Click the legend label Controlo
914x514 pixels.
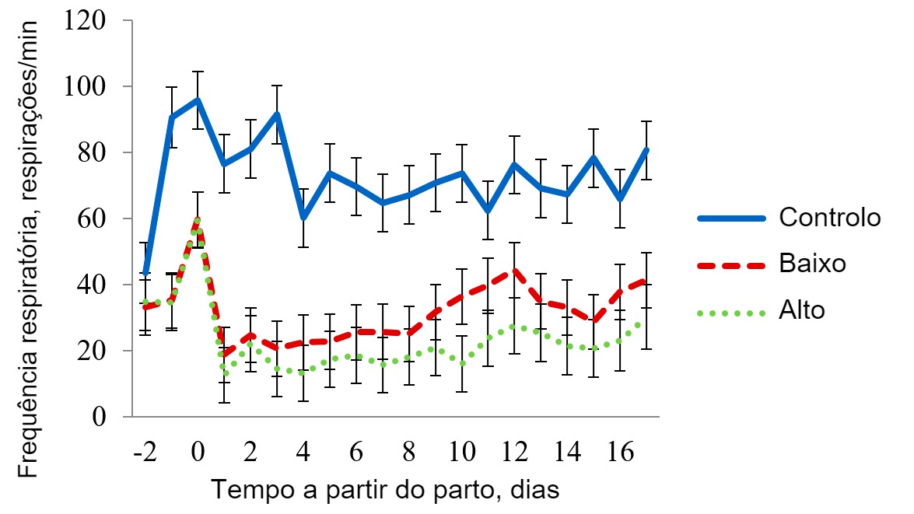tap(830, 217)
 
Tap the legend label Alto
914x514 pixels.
tap(802, 310)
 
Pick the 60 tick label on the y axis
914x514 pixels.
tap(92, 219)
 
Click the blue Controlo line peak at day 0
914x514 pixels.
tap(198, 100)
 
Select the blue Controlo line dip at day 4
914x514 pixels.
tap(303, 218)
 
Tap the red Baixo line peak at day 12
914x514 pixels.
tap(515, 271)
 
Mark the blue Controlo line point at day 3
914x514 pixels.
tap(277, 114)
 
